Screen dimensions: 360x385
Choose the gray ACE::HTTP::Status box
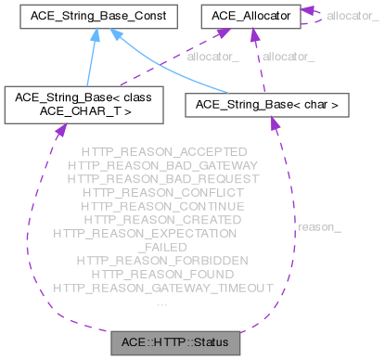pyautogui.click(x=174, y=343)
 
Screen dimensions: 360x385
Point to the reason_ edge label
pyautogui.click(x=318, y=226)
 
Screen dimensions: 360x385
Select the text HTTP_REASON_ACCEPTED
pyautogui.click(x=163, y=151)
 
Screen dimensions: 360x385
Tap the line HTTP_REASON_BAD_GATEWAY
pyautogui.click(x=163, y=164)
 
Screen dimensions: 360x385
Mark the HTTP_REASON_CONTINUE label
pyautogui.click(x=163, y=206)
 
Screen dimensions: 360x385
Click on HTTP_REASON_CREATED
pyautogui.click(x=163, y=220)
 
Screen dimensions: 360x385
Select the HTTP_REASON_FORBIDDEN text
pyautogui.click(x=163, y=261)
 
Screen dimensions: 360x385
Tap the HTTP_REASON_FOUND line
pyautogui.click(x=163, y=275)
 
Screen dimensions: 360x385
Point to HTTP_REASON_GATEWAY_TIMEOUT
pyautogui.click(x=163, y=289)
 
